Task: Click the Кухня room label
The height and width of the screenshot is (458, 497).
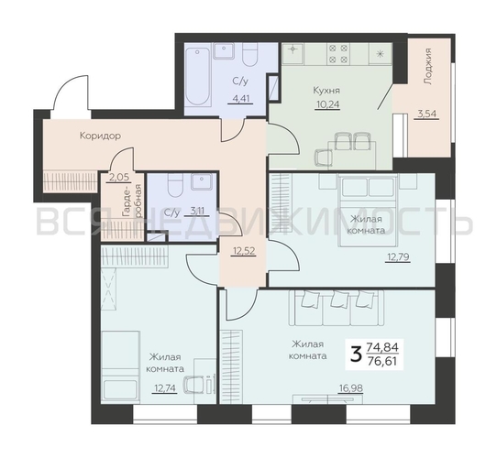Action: [326, 91]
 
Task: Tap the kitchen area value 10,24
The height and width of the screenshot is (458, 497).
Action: [327, 104]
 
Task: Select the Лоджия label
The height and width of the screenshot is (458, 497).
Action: [428, 66]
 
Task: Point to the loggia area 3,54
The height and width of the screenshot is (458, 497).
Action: [426, 114]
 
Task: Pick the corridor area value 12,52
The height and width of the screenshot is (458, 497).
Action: [243, 251]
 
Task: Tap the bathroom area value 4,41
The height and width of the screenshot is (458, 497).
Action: [241, 99]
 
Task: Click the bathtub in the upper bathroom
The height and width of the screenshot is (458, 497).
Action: [198, 77]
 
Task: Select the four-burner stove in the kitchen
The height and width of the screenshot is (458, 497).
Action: [338, 53]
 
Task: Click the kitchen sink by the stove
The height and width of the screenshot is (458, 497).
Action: [293, 53]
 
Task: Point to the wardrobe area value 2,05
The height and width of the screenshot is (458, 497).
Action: [119, 177]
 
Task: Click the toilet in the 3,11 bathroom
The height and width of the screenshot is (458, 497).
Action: [175, 187]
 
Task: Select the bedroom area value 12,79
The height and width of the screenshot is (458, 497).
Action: [398, 257]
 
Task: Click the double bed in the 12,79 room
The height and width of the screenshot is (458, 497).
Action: [368, 211]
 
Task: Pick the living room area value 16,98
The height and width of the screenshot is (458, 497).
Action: [350, 388]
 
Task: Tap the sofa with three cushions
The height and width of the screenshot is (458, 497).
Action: [336, 308]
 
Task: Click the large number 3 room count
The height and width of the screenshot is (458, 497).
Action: [357, 355]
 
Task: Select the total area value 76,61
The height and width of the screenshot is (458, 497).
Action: [382, 361]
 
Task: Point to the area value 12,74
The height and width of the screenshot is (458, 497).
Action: [164, 388]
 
